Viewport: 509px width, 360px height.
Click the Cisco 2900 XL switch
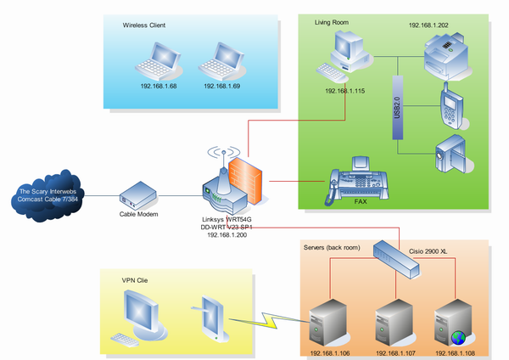pos(398,256)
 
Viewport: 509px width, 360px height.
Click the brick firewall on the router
pos(249,179)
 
